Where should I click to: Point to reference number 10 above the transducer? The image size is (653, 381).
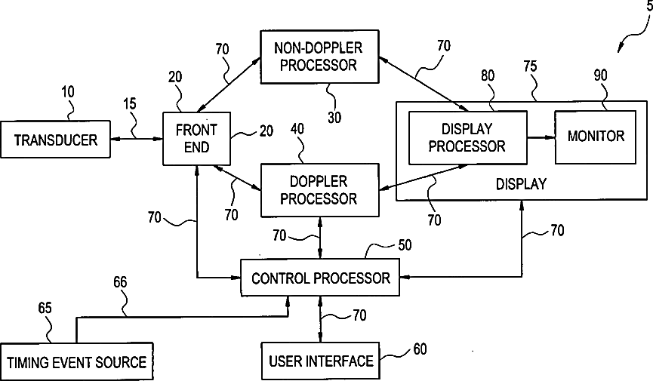68,91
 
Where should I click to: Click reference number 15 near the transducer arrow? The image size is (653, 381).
130,103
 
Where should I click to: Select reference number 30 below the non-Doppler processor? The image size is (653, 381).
334,118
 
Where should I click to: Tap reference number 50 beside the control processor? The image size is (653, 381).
405,245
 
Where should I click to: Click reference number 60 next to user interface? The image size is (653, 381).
420,349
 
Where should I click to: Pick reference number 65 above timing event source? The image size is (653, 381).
45,308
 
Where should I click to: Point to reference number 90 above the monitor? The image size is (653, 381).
600,75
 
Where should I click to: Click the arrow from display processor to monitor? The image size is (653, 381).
541,137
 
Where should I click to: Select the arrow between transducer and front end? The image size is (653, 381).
137,139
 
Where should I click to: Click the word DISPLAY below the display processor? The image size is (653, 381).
521,183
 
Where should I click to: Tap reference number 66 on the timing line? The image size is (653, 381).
120,282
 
